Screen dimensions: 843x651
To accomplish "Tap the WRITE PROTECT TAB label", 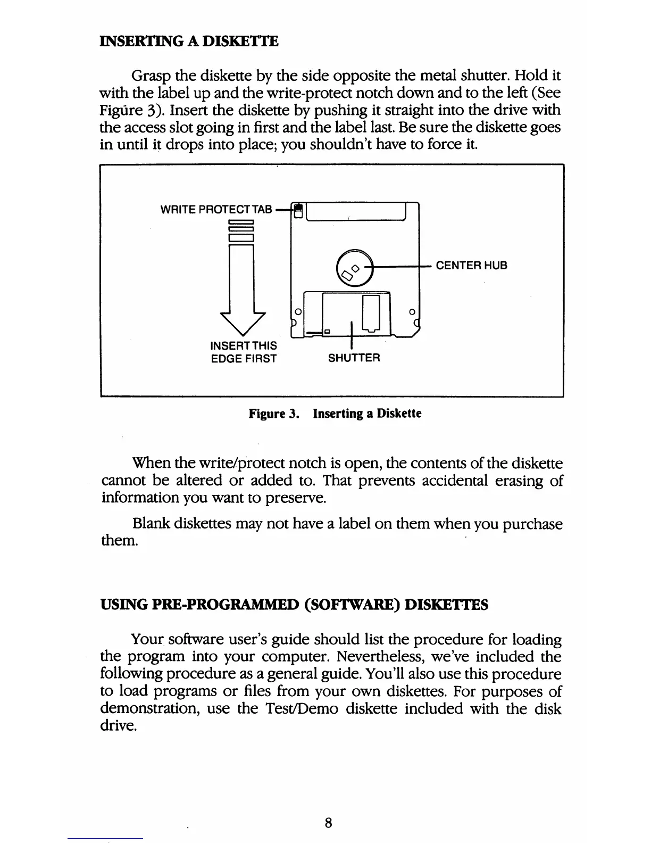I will [216, 210].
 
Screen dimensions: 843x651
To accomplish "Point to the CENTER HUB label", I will [472, 265].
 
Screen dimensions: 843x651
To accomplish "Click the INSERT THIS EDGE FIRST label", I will [244, 352].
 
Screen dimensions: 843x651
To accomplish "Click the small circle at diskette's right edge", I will [411, 310].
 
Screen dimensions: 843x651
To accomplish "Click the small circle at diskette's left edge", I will [298, 310].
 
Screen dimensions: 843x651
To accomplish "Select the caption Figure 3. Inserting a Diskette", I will [335, 414].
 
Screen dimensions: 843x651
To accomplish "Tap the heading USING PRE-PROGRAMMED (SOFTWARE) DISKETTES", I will [294, 605].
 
